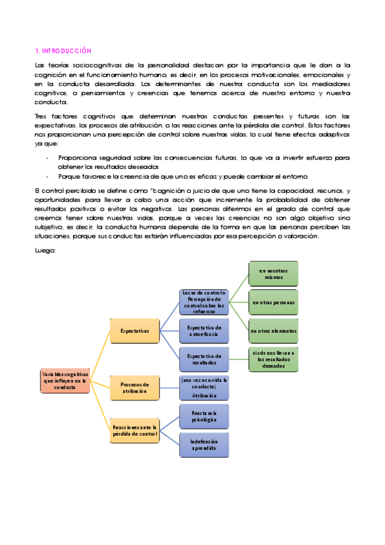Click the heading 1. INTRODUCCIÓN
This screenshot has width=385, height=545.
click(63, 50)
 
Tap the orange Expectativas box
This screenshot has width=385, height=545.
click(134, 330)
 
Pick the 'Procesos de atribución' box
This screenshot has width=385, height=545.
click(134, 388)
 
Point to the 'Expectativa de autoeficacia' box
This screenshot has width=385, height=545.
click(204, 331)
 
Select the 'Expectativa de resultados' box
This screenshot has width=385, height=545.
click(204, 359)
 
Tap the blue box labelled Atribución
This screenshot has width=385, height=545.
click(204, 388)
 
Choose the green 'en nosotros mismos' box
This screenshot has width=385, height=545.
click(274, 274)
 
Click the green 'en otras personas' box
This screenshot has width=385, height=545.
click(274, 302)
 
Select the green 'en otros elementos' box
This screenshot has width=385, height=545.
click(274, 331)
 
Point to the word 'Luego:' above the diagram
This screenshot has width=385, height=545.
click(45, 251)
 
